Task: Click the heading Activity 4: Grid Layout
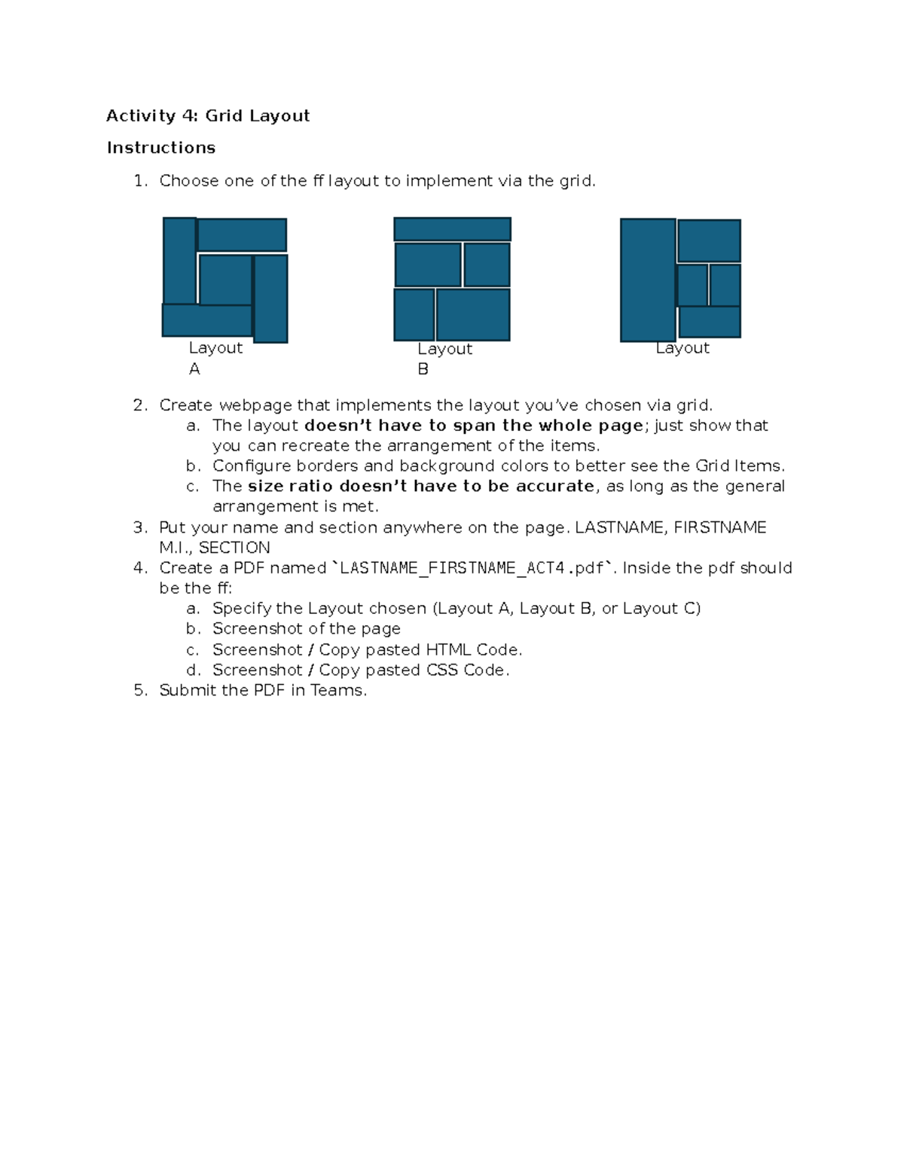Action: pos(208,115)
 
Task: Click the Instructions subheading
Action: pos(161,148)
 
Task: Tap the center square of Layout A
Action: pos(224,280)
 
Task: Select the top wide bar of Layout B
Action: pos(452,229)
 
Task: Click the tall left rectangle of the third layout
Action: pos(647,280)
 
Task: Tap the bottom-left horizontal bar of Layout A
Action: pos(206,320)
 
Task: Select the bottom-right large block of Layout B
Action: pos(473,315)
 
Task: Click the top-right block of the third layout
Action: pos(709,240)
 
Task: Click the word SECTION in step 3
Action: pos(234,548)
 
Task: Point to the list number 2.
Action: pos(139,405)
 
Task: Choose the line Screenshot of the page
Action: pos(306,629)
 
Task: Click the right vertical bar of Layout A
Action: pos(270,298)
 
